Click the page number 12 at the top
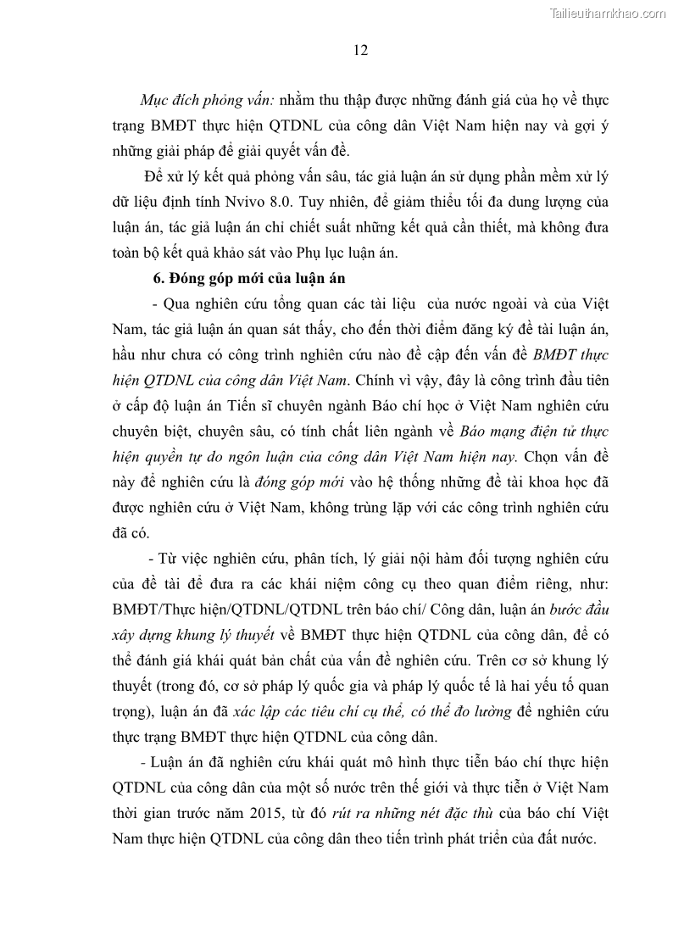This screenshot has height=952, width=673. coord(360,50)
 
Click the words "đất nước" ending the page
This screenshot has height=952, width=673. coord(569,838)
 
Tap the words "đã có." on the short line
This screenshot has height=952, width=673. coord(131,533)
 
